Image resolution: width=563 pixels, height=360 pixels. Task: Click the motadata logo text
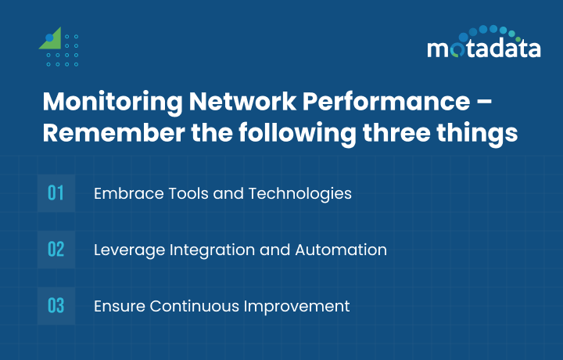tap(483, 49)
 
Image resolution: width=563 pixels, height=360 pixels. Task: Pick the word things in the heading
tap(484, 132)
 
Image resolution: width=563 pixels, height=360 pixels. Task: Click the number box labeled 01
tap(56, 193)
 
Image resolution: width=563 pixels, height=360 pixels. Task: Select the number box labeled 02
tap(56, 250)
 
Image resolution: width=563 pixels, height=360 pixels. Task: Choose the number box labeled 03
tap(56, 306)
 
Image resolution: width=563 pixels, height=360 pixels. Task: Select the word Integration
tap(203, 250)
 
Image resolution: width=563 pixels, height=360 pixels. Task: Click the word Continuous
tap(187, 306)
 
